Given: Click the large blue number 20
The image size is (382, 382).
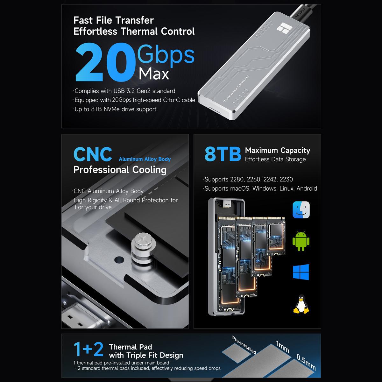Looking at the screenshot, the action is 106,62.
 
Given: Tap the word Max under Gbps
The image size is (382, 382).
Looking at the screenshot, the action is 154,74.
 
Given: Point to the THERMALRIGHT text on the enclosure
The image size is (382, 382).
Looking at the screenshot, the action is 236,88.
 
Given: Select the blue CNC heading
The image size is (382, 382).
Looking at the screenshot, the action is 93,154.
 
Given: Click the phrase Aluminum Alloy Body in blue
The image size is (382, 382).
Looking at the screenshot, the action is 145,159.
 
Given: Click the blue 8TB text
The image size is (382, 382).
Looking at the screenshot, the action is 223,154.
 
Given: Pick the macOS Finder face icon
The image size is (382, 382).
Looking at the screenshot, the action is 301,210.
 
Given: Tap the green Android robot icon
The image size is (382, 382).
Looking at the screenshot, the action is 301,241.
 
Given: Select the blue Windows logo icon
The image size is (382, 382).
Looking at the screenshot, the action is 301,272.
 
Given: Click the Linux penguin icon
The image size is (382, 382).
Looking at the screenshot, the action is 301,304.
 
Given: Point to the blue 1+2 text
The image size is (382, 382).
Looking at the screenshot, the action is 88,349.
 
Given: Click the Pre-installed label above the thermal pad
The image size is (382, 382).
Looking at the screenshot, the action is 244,345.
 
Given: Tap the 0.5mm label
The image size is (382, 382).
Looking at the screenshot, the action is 306,362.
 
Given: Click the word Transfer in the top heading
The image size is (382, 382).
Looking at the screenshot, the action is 134,20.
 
